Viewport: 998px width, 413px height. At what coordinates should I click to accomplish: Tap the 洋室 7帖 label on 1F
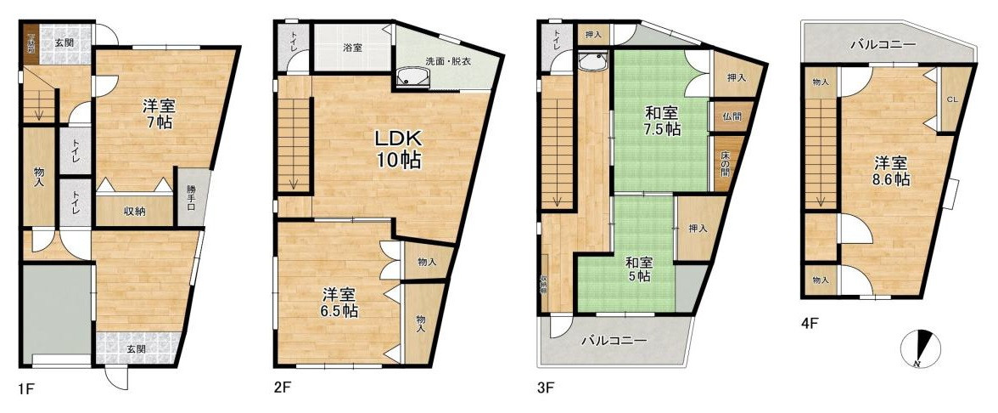pyautogui.click(x=158, y=114)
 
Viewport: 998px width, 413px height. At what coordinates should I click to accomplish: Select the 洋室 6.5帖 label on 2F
pyautogui.click(x=338, y=303)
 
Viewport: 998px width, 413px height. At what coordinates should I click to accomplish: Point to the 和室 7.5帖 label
pyautogui.click(x=662, y=121)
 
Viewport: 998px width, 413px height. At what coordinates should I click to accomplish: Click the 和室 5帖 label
pyautogui.click(x=638, y=269)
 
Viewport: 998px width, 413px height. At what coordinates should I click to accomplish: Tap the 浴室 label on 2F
pyautogui.click(x=352, y=48)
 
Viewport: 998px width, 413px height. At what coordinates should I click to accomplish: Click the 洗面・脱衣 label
pyautogui.click(x=448, y=61)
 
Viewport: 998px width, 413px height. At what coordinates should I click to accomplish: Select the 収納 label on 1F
pyautogui.click(x=133, y=212)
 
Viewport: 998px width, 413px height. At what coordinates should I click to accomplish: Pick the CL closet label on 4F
pyautogui.click(x=952, y=99)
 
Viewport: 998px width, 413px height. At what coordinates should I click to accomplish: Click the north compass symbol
pyautogui.click(x=922, y=348)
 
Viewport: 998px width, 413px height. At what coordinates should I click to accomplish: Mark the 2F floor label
pyautogui.click(x=283, y=389)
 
